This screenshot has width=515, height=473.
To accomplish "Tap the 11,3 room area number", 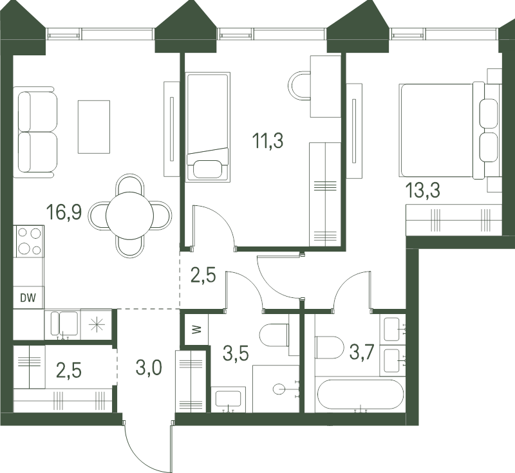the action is point(267,141).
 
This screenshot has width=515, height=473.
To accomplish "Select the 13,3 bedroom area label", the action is point(422,190).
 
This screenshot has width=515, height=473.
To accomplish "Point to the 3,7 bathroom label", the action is point(362,353).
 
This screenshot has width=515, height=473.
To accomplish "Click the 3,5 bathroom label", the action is point(236,353).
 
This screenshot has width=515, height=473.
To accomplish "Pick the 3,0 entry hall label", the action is point(149,367).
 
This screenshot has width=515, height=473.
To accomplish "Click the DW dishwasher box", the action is point(28,298).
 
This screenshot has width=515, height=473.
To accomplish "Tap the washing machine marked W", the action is point(197,329).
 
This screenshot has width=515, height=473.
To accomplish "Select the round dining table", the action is point(130,216).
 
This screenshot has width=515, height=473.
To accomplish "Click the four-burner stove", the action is point(29,241).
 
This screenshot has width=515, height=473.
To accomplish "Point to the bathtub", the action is point(360,394).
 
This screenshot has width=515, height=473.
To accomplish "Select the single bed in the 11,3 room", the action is point(208,127).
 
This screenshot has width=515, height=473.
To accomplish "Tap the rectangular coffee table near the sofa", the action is point(94,127).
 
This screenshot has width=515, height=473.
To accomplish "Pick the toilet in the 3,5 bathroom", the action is point(274,335).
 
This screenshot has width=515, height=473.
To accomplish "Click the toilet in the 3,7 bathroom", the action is point(330,348).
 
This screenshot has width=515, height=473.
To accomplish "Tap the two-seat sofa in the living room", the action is point(35,132).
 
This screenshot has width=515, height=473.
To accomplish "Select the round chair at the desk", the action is point(299,86).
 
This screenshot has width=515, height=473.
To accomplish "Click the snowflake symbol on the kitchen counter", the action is point(96,326).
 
